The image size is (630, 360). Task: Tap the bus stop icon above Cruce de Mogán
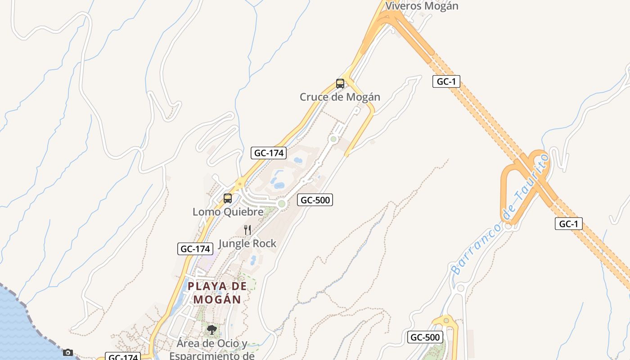(x=340, y=84)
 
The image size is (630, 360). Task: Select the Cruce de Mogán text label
(x=340, y=97)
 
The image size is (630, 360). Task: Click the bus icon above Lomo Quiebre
(x=228, y=198)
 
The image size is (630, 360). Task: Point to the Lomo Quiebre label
(x=228, y=211)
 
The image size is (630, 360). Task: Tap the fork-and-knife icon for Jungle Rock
(x=247, y=230)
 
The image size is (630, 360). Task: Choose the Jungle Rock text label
(x=247, y=243)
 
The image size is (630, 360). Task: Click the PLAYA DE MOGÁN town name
(x=217, y=292)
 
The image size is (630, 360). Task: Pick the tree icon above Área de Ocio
(x=211, y=330)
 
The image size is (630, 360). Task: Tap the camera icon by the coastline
(x=68, y=352)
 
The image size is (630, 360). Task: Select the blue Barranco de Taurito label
(x=500, y=214)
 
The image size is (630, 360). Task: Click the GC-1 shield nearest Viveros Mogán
(x=446, y=81)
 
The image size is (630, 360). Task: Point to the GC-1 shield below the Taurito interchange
(x=568, y=224)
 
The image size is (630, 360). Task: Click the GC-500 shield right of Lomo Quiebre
(x=315, y=200)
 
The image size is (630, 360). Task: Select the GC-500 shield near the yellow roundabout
(x=425, y=337)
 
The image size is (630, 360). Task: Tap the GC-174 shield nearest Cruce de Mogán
(x=269, y=153)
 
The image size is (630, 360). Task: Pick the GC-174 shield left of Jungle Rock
(x=195, y=249)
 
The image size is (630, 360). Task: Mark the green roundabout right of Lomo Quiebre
(x=282, y=204)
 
